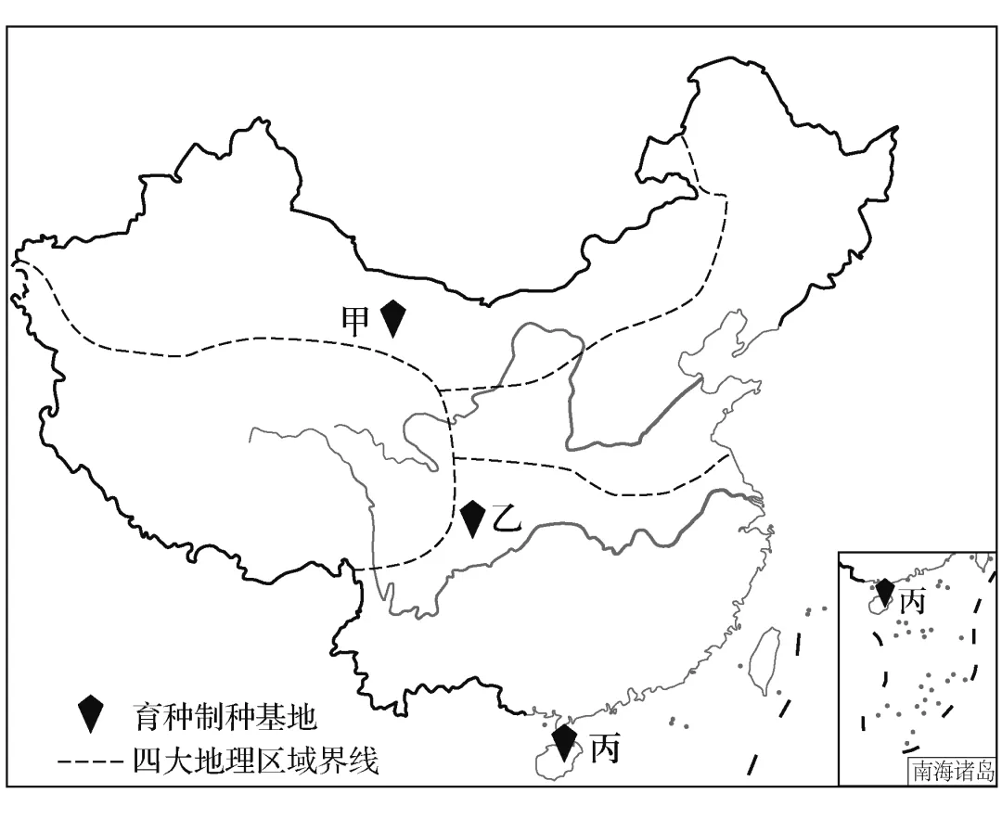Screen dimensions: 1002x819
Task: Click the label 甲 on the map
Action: click(355, 320)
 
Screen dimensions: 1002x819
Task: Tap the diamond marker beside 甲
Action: click(394, 318)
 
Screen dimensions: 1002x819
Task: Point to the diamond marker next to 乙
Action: click(473, 518)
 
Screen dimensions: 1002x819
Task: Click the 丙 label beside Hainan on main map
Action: click(604, 748)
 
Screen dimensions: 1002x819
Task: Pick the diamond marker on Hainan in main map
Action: click(563, 743)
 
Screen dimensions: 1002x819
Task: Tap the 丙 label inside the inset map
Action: click(913, 602)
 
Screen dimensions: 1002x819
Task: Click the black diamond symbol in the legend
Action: click(90, 713)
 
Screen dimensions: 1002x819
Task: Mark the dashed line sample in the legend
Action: click(90, 762)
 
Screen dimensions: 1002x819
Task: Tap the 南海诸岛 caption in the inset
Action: click(953, 771)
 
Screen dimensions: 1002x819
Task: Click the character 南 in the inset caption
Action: click(922, 771)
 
